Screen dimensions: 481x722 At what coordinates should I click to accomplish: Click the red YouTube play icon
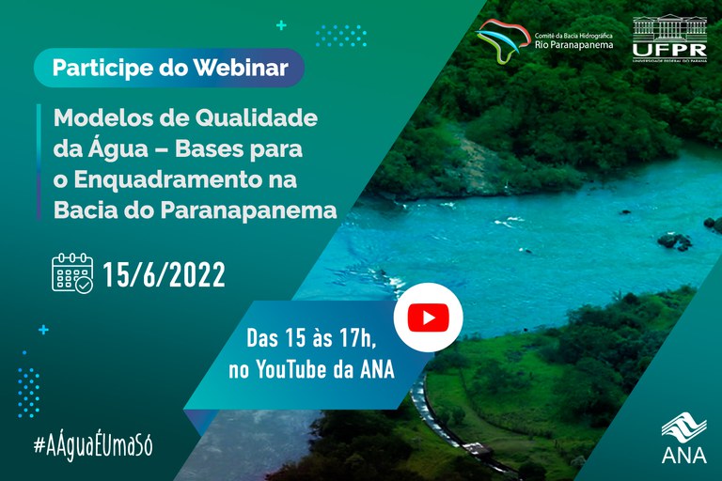(428, 318)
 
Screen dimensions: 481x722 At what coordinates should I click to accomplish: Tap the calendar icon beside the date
(72, 273)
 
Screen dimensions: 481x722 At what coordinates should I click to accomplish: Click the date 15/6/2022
(164, 275)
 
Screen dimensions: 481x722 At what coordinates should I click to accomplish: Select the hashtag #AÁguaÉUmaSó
(93, 444)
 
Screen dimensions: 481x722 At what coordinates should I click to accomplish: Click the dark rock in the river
(674, 240)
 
